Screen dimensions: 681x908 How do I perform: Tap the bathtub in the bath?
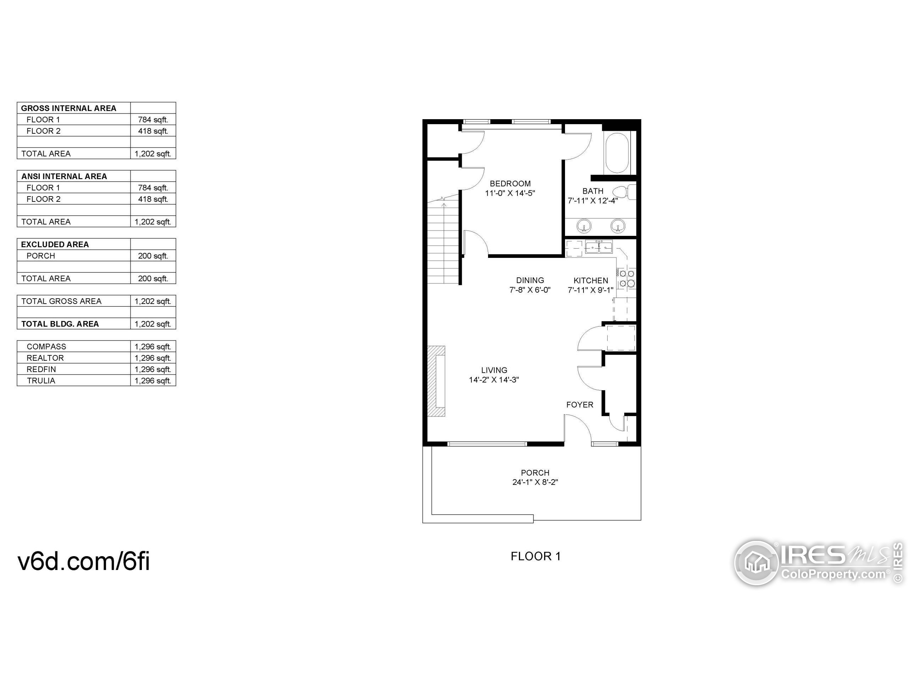coord(617,153)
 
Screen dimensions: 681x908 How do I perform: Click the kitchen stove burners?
coord(627,278)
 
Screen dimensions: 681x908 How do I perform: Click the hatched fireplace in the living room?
coord(436,381)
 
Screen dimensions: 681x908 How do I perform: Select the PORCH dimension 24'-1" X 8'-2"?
coord(535,482)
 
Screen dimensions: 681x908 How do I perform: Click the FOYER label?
coord(580,405)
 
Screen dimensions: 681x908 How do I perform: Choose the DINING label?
coord(530,280)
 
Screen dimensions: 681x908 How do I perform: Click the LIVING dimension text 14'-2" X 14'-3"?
coord(494,380)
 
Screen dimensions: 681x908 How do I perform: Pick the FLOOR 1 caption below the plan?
coord(535,556)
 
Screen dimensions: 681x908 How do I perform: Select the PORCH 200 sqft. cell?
coord(153,256)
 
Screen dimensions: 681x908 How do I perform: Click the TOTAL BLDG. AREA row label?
coord(60,324)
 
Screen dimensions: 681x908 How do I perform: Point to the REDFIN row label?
coord(41,369)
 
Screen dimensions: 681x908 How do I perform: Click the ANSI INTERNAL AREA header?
coord(64,176)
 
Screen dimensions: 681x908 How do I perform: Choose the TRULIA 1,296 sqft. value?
coord(153,381)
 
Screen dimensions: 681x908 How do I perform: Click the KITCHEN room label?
coord(590,280)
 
